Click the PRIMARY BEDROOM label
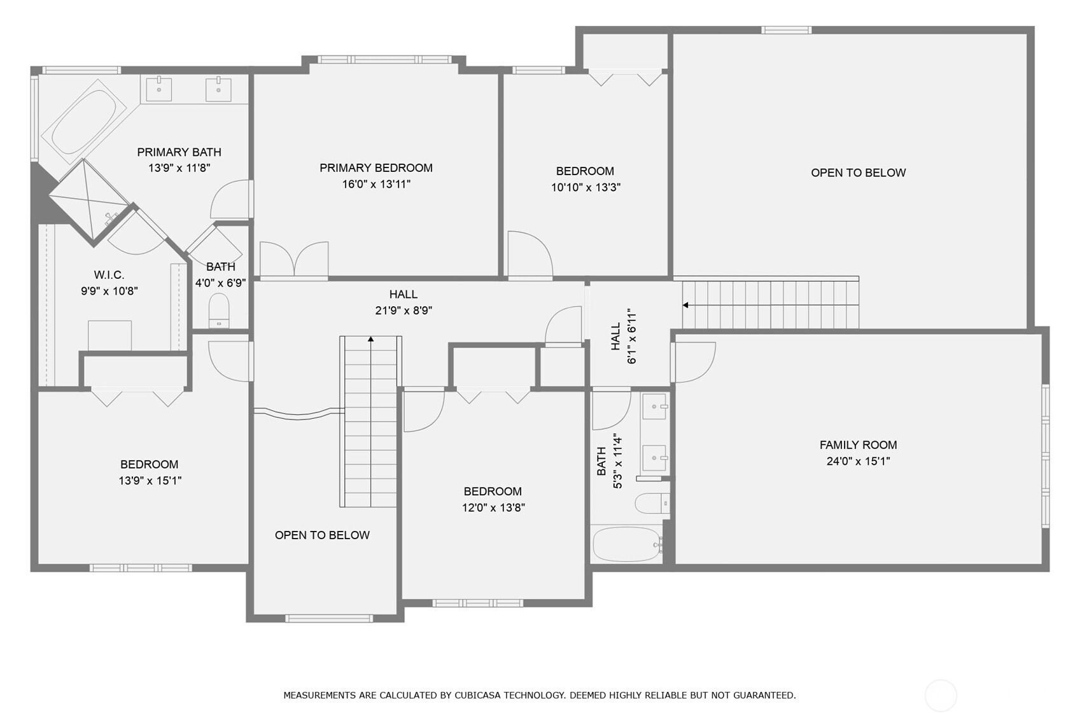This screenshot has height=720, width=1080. pos(375,168)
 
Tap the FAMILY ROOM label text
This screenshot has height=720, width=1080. pos(858,445)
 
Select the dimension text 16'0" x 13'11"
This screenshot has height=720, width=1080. pos(375,185)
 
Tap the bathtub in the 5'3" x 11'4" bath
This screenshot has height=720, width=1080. pos(627,544)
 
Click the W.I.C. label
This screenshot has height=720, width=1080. pos(109,275)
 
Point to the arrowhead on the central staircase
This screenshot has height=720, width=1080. pos(371,339)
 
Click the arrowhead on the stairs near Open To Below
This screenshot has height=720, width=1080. pos(685,305)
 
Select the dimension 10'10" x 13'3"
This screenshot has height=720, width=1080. pos(586,188)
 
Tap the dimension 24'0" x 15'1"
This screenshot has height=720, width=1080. pos(858,462)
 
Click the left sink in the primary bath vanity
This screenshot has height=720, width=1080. pos(158,90)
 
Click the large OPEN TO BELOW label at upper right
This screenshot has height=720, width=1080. pos(858,173)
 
